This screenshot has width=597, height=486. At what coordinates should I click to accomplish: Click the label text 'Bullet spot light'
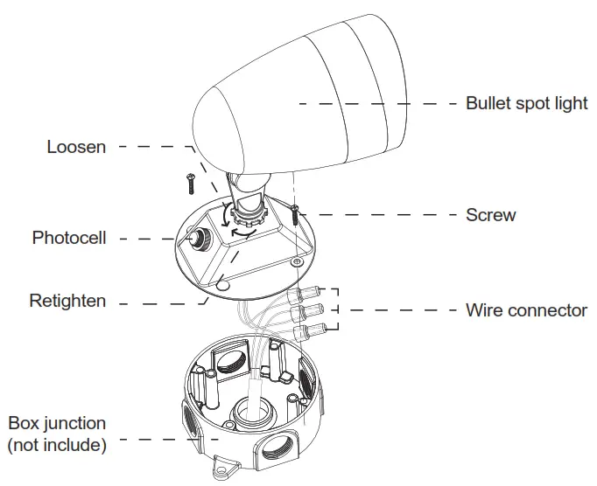[x=526, y=103]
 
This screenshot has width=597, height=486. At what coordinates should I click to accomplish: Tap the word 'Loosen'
[x=76, y=147]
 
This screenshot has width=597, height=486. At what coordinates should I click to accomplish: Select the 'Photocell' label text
[x=69, y=238]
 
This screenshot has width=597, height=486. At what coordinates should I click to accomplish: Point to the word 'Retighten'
[x=67, y=302]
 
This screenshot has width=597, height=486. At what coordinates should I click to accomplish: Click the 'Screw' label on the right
[x=490, y=215]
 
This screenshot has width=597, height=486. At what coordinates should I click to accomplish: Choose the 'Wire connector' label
[x=526, y=310]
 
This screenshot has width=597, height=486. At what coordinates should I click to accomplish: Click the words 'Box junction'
[x=57, y=424]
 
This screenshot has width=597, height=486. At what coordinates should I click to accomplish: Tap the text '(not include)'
[x=57, y=445]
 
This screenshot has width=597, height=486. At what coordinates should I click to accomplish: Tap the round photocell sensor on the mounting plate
[x=195, y=237]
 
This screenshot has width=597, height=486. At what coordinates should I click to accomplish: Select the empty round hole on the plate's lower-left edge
[x=223, y=284]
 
